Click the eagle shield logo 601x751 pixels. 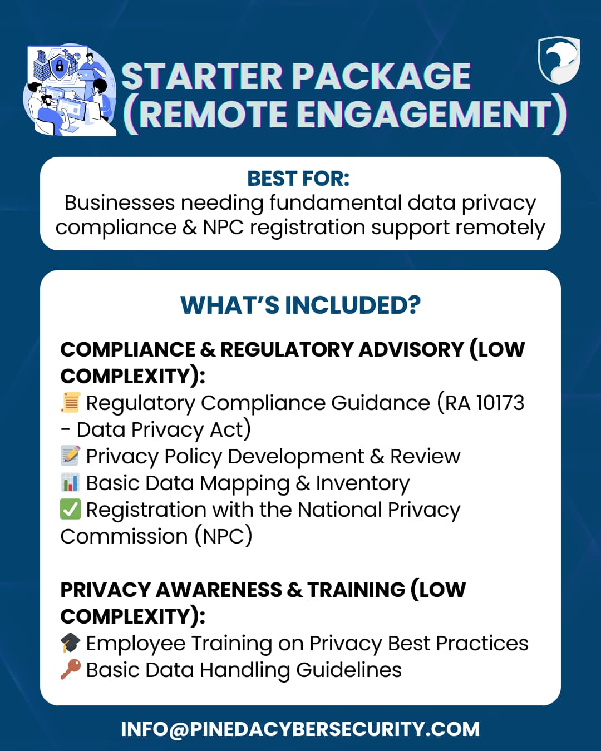(x=559, y=61)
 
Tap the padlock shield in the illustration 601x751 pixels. (x=60, y=66)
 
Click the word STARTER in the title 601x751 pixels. (x=201, y=76)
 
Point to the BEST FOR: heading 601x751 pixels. (x=299, y=179)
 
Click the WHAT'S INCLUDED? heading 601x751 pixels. (x=300, y=305)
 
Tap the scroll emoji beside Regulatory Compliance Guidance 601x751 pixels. (x=71, y=403)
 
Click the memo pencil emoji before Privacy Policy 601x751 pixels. (x=71, y=456)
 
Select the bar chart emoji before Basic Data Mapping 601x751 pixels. (x=71, y=483)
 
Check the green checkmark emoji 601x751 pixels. (x=71, y=509)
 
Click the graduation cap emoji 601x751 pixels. (x=71, y=643)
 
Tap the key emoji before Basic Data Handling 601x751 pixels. (x=71, y=670)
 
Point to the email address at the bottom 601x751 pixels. (x=300, y=729)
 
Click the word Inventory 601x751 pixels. (x=362, y=483)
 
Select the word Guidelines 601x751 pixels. (x=349, y=670)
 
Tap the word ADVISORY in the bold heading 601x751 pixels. (x=411, y=349)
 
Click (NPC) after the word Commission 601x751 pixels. (x=223, y=536)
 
